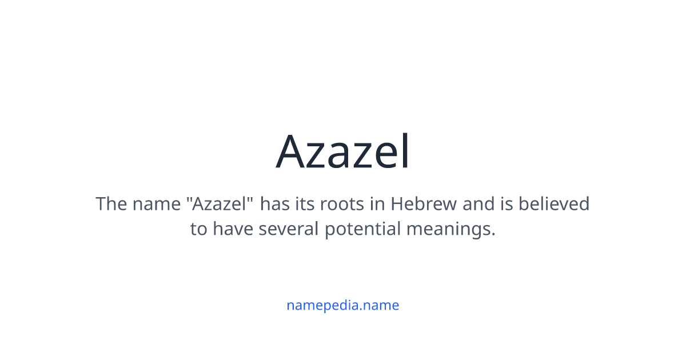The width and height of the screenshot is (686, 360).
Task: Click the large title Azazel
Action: [343, 152]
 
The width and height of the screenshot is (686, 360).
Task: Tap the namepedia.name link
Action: [343, 305]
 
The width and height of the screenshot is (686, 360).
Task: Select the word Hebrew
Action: [424, 204]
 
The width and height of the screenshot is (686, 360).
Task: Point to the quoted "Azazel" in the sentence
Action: [223, 204]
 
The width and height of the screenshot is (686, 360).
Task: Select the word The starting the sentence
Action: [111, 204]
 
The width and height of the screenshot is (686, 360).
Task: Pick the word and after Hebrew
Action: [476, 204]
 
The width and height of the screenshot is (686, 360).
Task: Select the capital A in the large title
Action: [290, 152]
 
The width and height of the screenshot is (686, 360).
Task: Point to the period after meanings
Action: [493, 235]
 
